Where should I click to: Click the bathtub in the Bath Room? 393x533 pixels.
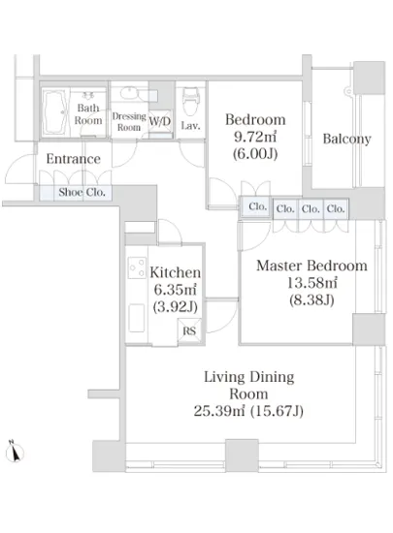55,111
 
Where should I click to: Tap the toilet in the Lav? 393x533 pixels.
190,101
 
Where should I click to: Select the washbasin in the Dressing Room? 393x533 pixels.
129,92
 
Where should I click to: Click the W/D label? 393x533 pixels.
160,121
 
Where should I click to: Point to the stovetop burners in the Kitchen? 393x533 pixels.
137,267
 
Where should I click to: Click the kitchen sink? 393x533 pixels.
137,318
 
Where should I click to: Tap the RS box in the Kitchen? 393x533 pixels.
189,330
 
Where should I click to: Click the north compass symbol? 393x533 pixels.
15,451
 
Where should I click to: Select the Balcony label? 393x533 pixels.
346,139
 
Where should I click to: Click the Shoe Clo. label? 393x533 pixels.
82,193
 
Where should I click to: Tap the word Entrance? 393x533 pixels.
73,159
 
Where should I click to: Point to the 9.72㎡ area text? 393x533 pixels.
255,137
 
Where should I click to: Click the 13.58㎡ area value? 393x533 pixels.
312,283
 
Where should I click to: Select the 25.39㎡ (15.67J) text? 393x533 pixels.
248,411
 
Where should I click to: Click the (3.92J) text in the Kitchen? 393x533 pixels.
176,307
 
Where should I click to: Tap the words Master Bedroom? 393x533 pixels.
311,266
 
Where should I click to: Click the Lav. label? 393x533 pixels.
190,126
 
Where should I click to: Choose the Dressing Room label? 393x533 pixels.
129,122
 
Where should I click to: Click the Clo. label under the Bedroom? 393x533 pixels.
257,206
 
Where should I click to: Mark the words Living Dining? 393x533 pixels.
249,377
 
